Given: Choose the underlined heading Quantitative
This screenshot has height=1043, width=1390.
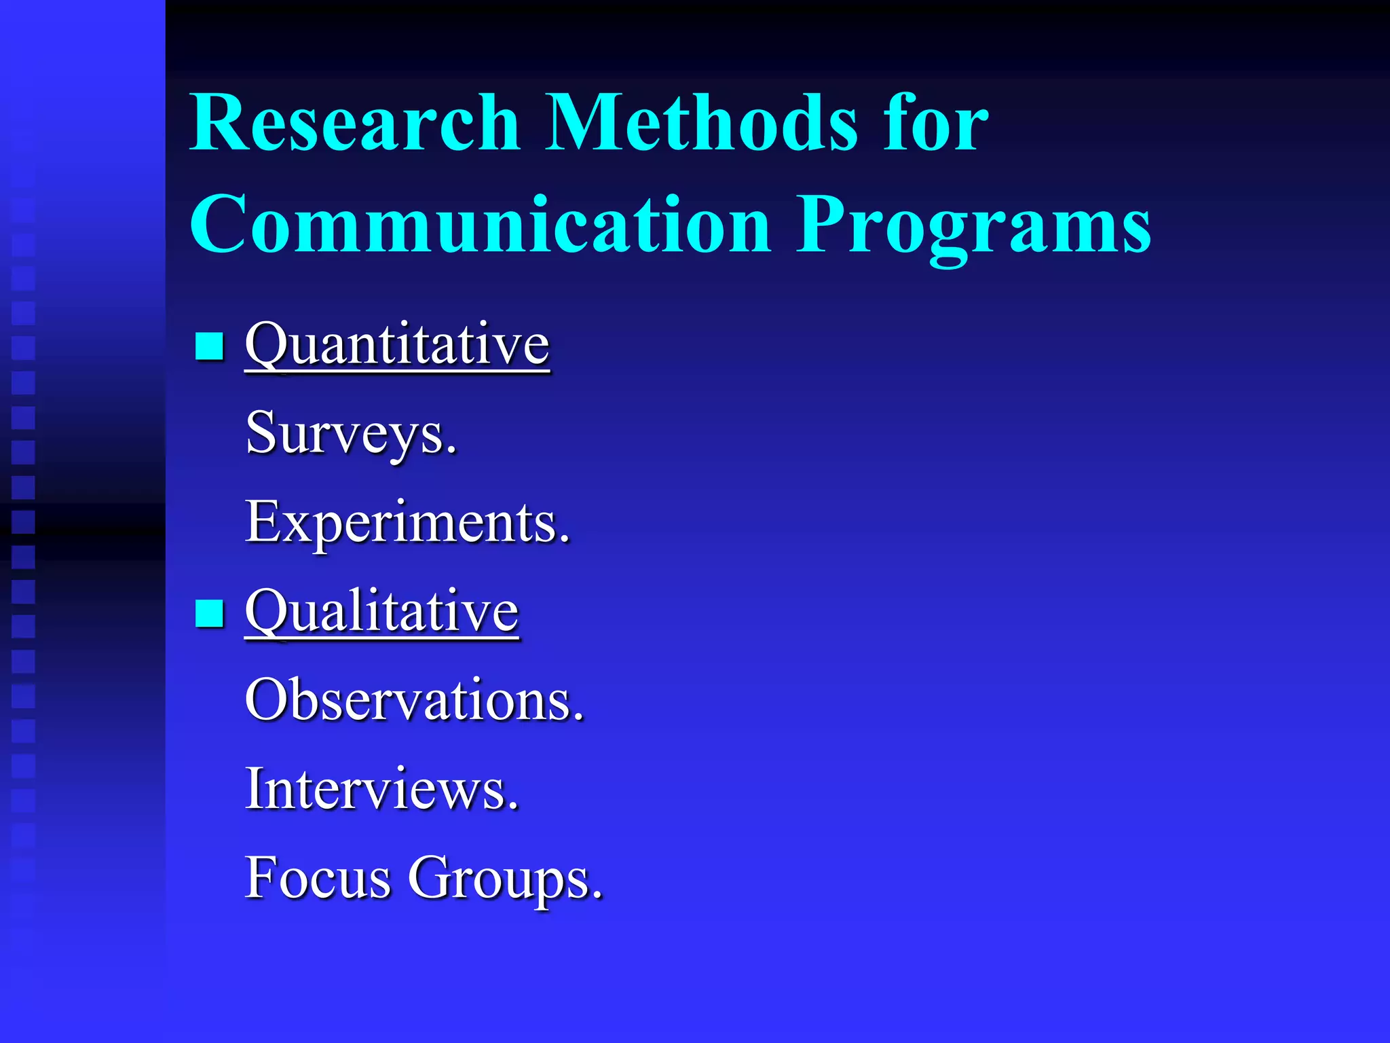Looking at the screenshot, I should (x=397, y=346).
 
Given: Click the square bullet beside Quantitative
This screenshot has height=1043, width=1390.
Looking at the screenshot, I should (x=209, y=346).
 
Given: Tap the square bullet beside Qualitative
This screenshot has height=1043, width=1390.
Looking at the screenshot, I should (x=209, y=613).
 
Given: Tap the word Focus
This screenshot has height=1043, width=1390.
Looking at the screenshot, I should (x=318, y=879).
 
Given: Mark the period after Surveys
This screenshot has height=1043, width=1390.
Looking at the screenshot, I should (x=451, y=450).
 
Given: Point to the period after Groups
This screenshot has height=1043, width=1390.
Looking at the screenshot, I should (x=597, y=895).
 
